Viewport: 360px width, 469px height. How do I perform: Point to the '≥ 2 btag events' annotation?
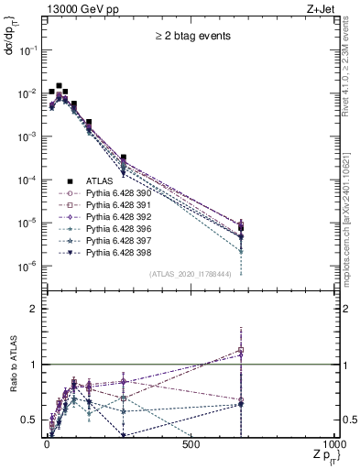[191, 37]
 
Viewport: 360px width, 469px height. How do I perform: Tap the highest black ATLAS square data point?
[60, 85]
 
